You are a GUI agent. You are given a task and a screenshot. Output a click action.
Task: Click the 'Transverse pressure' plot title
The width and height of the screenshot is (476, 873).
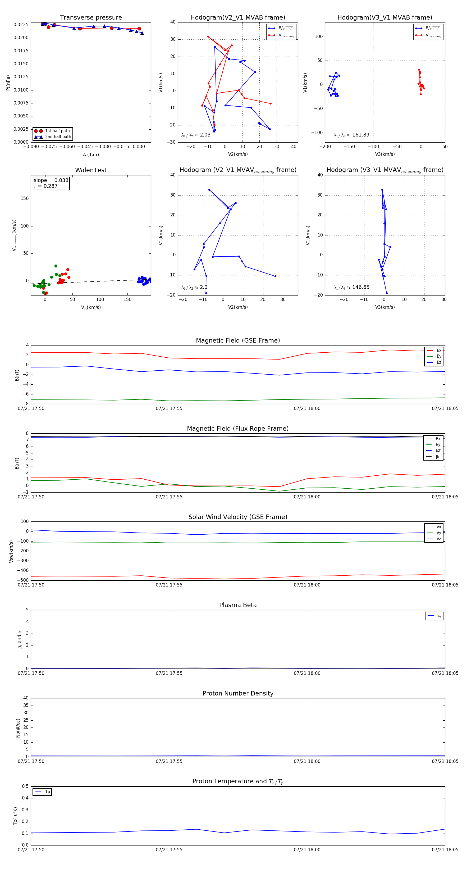(x=91, y=18)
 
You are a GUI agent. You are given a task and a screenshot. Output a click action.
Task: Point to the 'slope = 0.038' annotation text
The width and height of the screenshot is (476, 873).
(x=51, y=180)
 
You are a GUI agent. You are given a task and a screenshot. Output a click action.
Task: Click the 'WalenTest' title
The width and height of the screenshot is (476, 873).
(x=91, y=170)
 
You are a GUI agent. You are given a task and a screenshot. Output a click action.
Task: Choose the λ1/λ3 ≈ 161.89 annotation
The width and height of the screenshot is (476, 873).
(x=351, y=135)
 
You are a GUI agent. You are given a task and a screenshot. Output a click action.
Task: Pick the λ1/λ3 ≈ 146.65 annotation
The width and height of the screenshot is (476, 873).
(x=351, y=287)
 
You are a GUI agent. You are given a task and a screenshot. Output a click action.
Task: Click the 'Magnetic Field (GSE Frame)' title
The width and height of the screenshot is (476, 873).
(x=238, y=340)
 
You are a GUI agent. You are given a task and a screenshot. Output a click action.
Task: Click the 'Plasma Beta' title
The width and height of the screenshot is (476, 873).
(x=238, y=605)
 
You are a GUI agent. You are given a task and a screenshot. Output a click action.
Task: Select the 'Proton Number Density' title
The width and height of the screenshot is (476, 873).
(x=238, y=693)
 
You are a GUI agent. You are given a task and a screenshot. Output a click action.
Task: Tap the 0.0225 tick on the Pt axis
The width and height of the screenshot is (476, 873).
(x=21, y=25)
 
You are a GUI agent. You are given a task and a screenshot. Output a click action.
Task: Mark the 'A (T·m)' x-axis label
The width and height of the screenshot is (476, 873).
(x=91, y=155)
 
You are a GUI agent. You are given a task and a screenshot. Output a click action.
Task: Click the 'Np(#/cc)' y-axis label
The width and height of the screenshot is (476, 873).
(x=18, y=728)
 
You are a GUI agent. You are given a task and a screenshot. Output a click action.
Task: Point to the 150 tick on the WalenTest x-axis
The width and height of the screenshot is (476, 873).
(x=127, y=299)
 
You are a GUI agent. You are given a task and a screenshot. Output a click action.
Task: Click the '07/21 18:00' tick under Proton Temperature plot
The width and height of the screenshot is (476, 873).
(x=307, y=850)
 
